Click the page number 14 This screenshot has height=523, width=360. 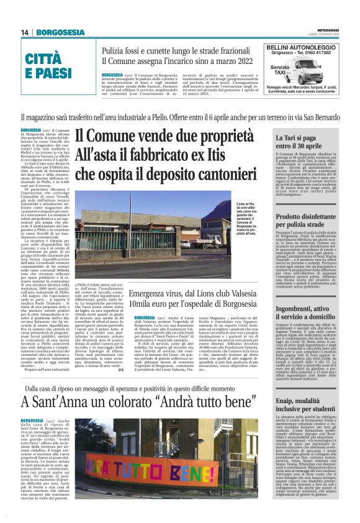pyautogui.click(x=25, y=32)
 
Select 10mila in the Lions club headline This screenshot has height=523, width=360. pyautogui.click(x=148, y=306)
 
